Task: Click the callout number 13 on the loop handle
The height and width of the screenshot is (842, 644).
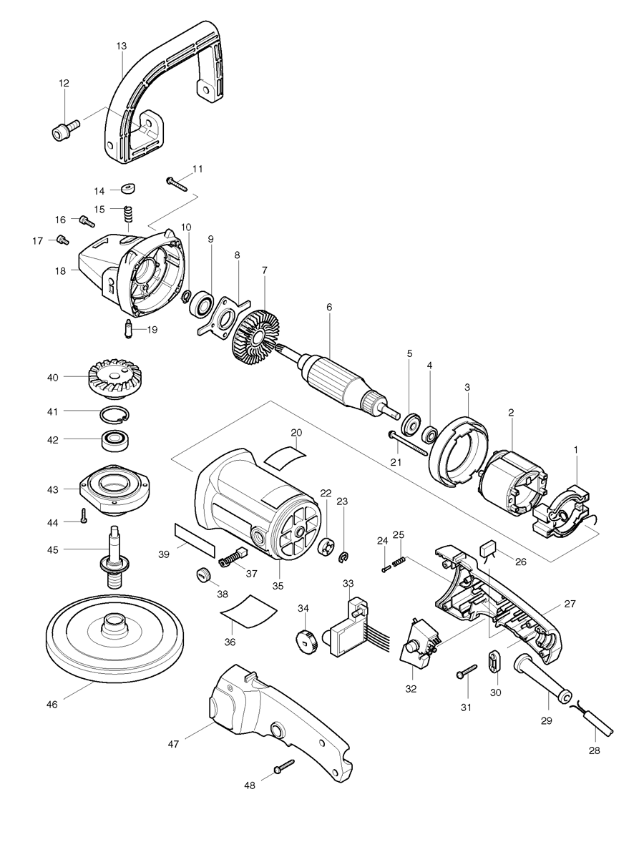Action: pos(121,46)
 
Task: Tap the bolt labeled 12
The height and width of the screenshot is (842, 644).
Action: pos(63,130)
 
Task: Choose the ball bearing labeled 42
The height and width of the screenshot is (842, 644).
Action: pos(115,439)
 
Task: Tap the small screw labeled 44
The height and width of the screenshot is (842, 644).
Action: pos(84,516)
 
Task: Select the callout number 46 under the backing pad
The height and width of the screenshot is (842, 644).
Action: pos(52,705)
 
